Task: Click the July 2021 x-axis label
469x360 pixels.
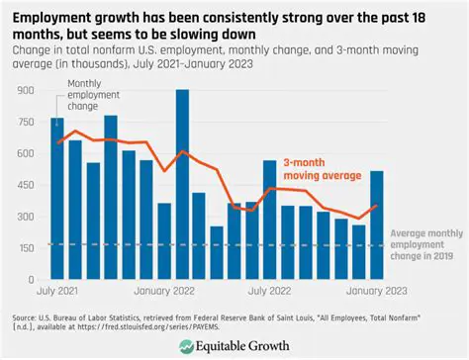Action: click(x=58, y=292)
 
